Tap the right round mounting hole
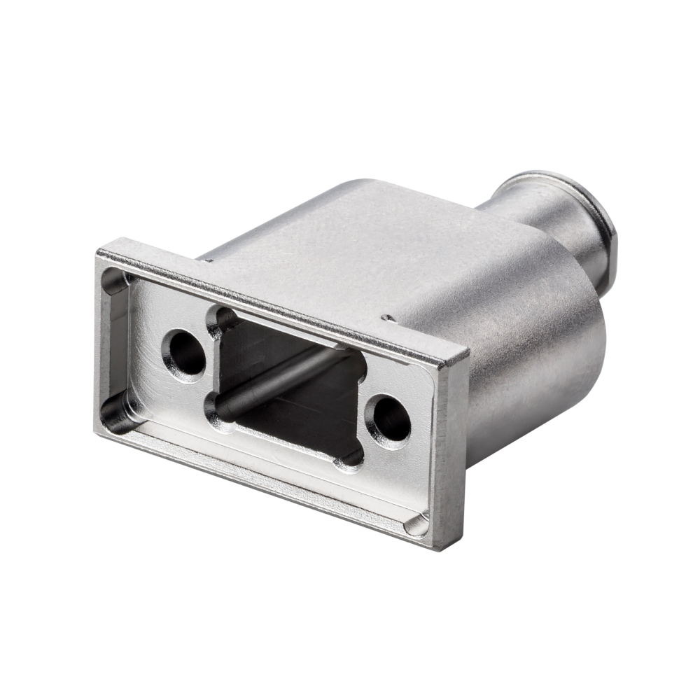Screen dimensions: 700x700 390,420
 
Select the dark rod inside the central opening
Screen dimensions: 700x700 280,381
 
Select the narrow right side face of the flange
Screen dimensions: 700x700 451,455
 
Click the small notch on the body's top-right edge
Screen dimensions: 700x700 387,318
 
